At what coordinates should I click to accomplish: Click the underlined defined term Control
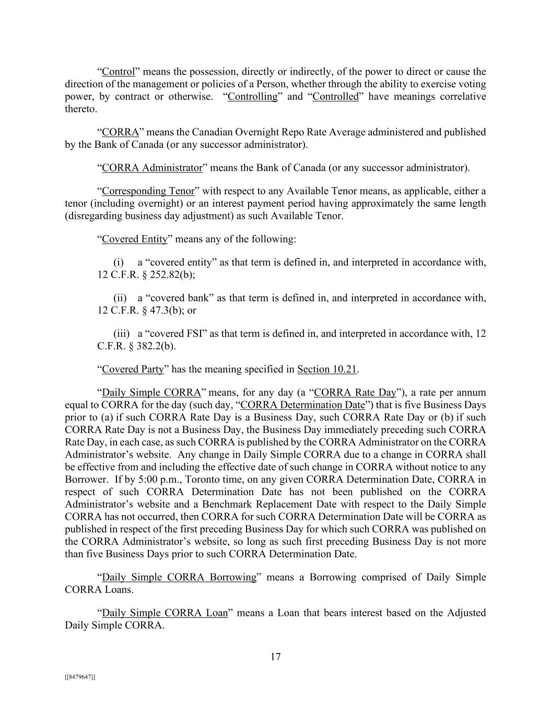click(119, 72)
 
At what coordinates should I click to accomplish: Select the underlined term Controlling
click(253, 97)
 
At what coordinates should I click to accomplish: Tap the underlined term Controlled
click(335, 97)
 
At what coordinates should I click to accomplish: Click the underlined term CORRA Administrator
click(152, 168)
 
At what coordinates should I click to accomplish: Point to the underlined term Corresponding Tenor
click(148, 191)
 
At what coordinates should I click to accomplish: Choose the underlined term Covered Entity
click(135, 239)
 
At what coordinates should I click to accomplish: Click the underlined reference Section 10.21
click(327, 369)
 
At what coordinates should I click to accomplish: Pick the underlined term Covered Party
click(133, 369)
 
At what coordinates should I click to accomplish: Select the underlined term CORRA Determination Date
click(302, 405)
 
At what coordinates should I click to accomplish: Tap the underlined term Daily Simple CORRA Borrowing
click(179, 577)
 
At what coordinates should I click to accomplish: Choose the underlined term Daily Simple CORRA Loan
click(165, 613)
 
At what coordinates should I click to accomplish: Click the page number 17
click(276, 657)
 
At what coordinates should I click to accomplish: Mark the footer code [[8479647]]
click(80, 677)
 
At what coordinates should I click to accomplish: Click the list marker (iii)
click(122, 333)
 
